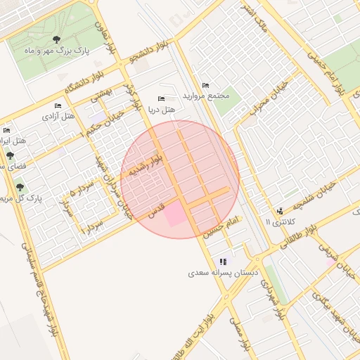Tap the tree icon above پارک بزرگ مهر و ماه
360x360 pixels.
57,40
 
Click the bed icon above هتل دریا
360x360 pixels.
162,98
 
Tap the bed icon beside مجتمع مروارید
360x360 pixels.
205,85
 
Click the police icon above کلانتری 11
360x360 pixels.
281,210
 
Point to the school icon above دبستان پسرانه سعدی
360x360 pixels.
224,261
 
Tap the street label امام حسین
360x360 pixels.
222,229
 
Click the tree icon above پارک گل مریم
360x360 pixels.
19,186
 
